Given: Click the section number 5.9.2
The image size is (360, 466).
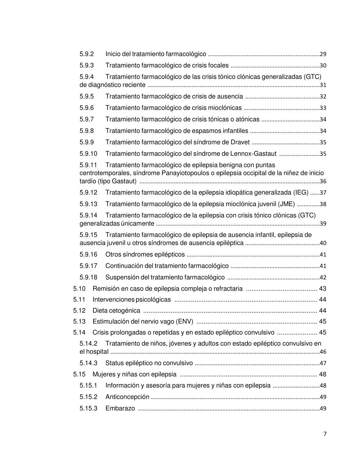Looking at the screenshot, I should click(86, 54).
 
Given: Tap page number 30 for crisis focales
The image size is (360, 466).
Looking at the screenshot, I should click(323, 66).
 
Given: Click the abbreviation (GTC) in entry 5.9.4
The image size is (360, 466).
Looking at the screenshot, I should click(313, 77).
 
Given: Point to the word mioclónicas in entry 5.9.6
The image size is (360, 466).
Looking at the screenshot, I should click(225, 108).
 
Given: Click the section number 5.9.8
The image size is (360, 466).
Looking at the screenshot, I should click(86, 131).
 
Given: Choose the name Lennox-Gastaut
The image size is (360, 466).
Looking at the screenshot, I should click(253, 154).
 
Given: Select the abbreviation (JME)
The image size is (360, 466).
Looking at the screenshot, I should click(286, 204).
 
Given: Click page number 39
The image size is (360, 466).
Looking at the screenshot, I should click(323, 224).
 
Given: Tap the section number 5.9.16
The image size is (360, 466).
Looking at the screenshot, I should click(88, 255).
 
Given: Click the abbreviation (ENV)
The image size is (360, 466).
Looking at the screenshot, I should click(185, 321).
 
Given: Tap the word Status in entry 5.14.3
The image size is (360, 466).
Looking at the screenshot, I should click(114, 363).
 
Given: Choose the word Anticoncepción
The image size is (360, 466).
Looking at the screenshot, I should click(127, 397).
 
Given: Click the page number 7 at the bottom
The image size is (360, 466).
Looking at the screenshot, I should click(325, 434).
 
